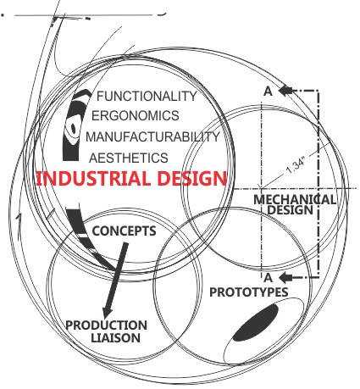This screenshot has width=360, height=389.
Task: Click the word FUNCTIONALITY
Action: (x=147, y=97)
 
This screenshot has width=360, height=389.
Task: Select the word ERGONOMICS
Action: (x=136, y=116)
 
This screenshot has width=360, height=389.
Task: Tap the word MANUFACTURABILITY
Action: (x=152, y=136)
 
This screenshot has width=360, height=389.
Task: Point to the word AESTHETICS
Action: (x=129, y=158)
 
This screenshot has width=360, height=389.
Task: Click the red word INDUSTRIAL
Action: (x=93, y=179)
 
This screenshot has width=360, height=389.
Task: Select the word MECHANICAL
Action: (x=295, y=200)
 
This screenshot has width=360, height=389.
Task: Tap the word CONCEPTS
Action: (x=124, y=231)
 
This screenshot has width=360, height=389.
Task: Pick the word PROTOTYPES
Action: (x=249, y=292)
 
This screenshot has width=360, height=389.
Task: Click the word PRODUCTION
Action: (x=106, y=325)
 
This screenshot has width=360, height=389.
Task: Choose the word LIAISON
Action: (x=115, y=338)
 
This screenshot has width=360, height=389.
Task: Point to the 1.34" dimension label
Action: (x=296, y=166)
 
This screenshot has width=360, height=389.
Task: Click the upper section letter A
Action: (x=269, y=92)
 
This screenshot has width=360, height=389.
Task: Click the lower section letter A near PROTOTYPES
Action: (x=269, y=278)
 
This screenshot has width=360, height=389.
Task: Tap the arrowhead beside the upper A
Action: (x=285, y=91)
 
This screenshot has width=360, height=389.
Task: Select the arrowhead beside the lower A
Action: (x=285, y=277)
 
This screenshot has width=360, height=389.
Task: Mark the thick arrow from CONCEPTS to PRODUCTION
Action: (x=115, y=280)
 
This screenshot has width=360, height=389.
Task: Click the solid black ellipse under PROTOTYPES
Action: (x=256, y=323)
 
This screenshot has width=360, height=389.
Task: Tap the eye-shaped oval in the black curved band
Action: (x=73, y=128)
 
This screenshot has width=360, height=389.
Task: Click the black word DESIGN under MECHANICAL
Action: (x=291, y=210)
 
